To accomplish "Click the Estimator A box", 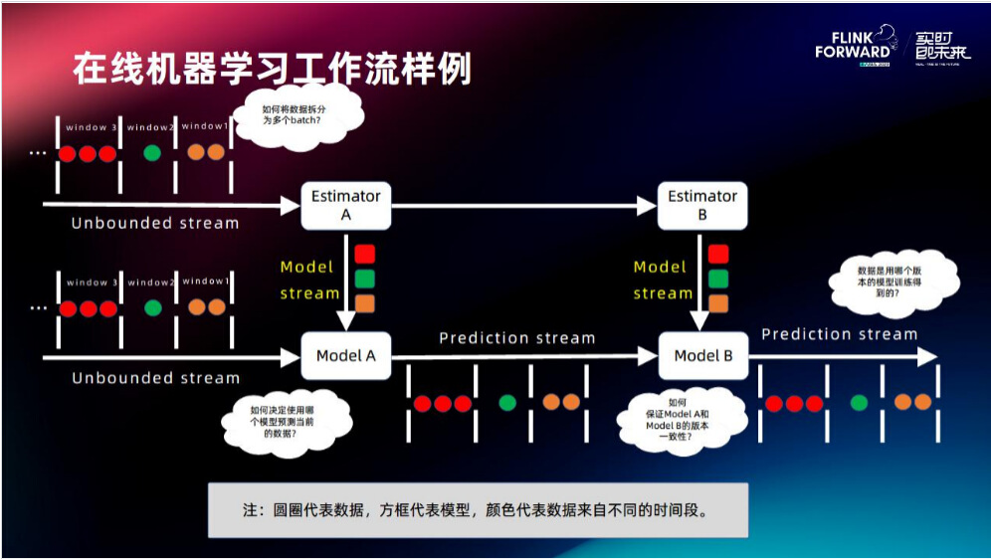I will pyautogui.click(x=346, y=205).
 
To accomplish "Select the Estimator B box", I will pyautogui.click(x=702, y=205).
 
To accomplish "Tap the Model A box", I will pyautogui.click(x=346, y=356).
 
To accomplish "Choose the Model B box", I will pyautogui.click(x=702, y=356).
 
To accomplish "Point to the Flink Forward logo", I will pyautogui.click(x=853, y=47).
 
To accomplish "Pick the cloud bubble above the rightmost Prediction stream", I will pyautogui.click(x=893, y=282).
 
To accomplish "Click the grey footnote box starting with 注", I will pyautogui.click(x=478, y=510).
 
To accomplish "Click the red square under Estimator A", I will pyautogui.click(x=365, y=254).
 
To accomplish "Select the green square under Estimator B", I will pyautogui.click(x=718, y=279).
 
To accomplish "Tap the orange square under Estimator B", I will pyautogui.click(x=718, y=303).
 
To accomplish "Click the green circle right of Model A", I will pyautogui.click(x=507, y=403).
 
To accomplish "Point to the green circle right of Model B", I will pyautogui.click(x=860, y=403).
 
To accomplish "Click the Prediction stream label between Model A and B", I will pyautogui.click(x=516, y=338).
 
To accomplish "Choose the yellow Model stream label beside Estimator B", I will pyautogui.click(x=662, y=279).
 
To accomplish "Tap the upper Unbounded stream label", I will pyautogui.click(x=155, y=223).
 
